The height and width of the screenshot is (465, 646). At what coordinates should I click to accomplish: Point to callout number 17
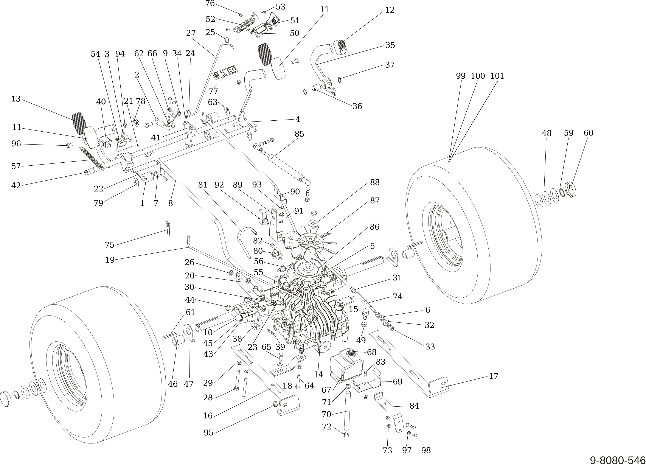coord(493,376)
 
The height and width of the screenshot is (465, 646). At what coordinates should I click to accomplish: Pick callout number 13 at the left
coord(16,99)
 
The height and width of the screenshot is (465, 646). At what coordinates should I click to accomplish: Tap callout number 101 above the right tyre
coord(497,76)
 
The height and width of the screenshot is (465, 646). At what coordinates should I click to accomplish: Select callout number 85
coord(299,134)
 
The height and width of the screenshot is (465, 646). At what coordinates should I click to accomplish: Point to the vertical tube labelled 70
coord(347,411)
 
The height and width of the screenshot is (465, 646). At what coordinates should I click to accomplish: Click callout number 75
coord(110,245)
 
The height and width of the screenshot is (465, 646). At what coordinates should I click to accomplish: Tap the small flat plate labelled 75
coord(168,229)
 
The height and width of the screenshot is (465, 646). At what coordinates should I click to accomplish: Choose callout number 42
coord(16,185)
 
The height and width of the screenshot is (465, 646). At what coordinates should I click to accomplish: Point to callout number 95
coord(208,432)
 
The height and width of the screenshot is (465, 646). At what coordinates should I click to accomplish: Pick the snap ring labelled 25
coord(227,40)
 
